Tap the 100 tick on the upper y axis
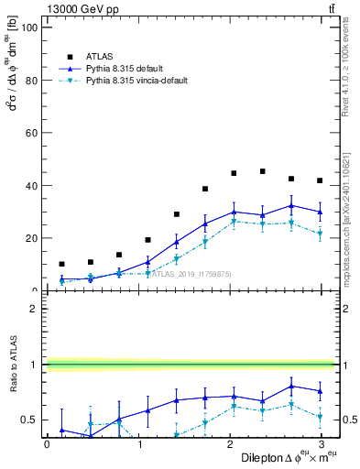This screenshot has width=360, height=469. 29,27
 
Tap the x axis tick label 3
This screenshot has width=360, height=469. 321,444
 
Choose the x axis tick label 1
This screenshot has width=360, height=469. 138,444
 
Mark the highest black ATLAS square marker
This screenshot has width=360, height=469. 263,171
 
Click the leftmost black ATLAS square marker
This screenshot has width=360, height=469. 61,264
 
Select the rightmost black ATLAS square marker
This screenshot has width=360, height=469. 320,180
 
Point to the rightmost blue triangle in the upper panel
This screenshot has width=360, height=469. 320,212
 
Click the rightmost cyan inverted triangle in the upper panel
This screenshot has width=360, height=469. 320,234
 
